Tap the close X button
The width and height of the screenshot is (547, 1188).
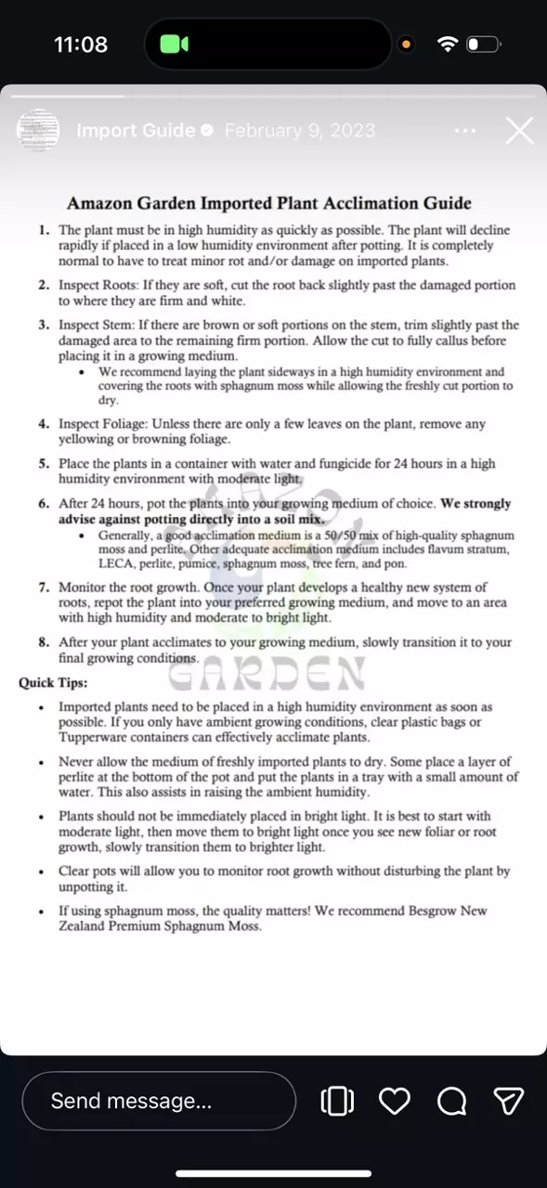pyautogui.click(x=519, y=131)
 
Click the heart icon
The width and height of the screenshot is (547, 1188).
pyautogui.click(x=395, y=1101)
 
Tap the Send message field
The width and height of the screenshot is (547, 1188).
pyautogui.click(x=159, y=1101)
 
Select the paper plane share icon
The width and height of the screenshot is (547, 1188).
pyautogui.click(x=508, y=1101)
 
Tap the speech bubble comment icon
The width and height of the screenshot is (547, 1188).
pyautogui.click(x=451, y=1101)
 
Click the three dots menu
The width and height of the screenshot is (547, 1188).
pyautogui.click(x=465, y=131)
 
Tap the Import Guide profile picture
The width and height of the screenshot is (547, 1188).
pyautogui.click(x=38, y=131)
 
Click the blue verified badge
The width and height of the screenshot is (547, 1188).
pyautogui.click(x=206, y=131)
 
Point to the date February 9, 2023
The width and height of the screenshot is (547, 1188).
pyautogui.click(x=300, y=131)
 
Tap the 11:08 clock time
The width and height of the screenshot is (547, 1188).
pyautogui.click(x=81, y=44)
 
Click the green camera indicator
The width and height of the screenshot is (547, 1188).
pyautogui.click(x=174, y=44)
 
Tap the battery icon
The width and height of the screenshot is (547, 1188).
pyautogui.click(x=483, y=44)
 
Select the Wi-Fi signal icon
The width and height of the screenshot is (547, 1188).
pyautogui.click(x=448, y=44)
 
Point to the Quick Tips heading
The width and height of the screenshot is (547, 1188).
pyautogui.click(x=53, y=683)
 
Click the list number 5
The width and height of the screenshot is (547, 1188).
pyautogui.click(x=44, y=463)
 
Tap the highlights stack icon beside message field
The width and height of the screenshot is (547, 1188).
pyautogui.click(x=337, y=1101)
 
